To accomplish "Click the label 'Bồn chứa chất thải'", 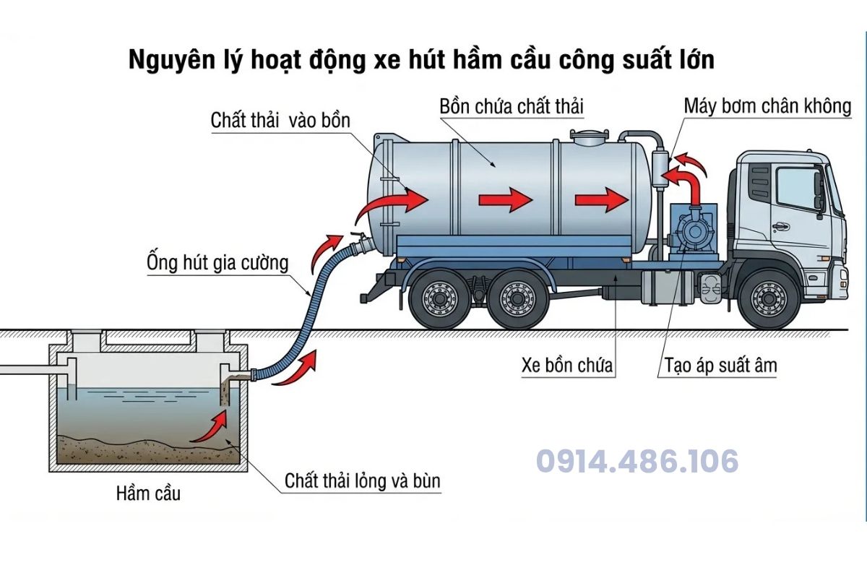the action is (x=512, y=106).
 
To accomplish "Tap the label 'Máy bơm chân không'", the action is (x=767, y=106).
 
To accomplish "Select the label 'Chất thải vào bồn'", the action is (x=280, y=121).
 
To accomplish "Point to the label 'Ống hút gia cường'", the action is (x=217, y=263).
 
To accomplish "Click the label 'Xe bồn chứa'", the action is (x=567, y=365).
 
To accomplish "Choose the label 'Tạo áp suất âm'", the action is (x=721, y=366).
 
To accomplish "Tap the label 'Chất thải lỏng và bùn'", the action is (x=362, y=481).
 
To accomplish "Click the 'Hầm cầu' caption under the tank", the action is (x=148, y=493).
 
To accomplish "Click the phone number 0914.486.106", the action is (x=637, y=461).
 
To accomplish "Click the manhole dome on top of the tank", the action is (x=590, y=137).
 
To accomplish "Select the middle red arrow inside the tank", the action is (x=506, y=199).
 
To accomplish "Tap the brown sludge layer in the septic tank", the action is (x=148, y=450).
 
